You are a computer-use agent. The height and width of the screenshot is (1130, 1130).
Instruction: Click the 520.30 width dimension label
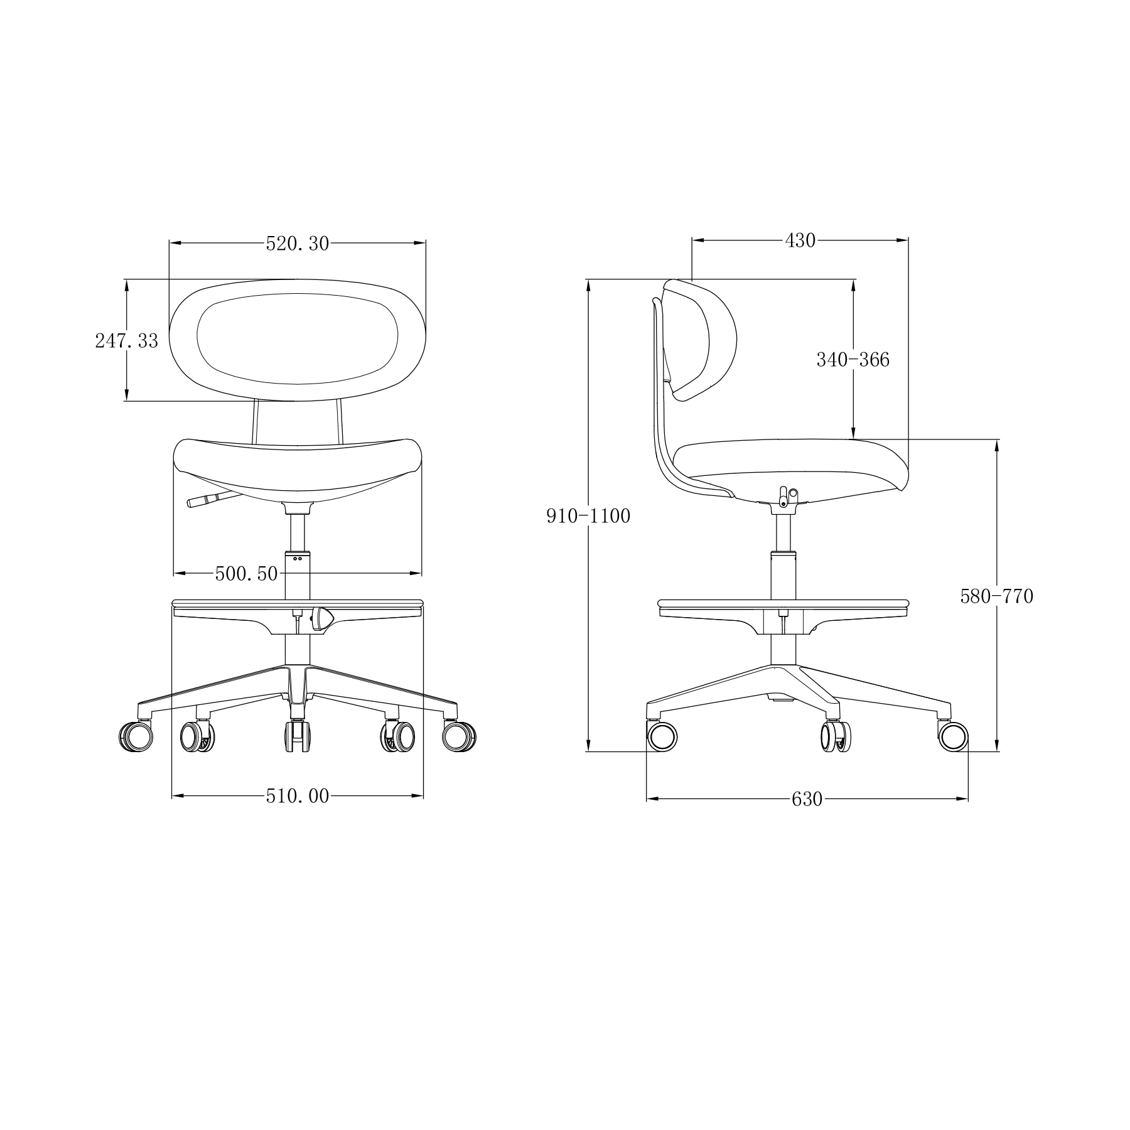(x=298, y=244)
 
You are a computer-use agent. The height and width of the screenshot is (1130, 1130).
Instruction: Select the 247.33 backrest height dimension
(x=127, y=341)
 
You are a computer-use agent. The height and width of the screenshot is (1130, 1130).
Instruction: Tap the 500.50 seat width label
(x=246, y=573)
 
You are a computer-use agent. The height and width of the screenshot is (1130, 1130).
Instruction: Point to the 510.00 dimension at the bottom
(x=298, y=796)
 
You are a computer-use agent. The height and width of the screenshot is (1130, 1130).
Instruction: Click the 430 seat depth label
(x=800, y=240)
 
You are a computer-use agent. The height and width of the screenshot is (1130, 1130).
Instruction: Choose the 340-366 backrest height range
(x=853, y=360)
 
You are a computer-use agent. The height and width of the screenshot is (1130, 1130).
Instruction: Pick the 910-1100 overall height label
(x=588, y=516)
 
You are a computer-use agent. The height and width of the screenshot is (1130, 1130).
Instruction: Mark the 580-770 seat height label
(x=997, y=596)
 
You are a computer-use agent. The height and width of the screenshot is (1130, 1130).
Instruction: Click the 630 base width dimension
(x=807, y=799)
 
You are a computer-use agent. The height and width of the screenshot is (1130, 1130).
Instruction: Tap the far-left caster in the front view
(x=136, y=736)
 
